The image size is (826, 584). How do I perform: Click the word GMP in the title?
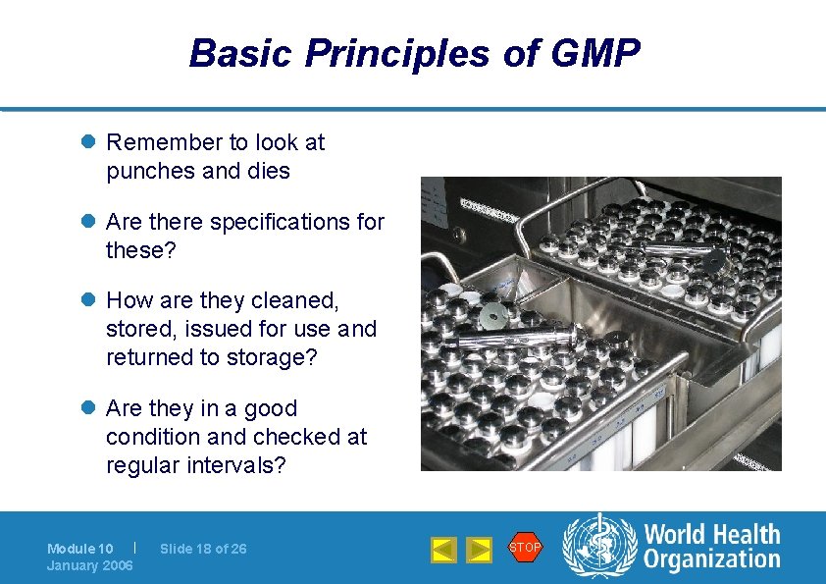click(596, 53)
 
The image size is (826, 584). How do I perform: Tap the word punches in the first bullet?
click(149, 171)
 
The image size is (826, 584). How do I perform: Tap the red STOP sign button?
click(525, 548)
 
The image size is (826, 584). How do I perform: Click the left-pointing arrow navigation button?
click(443, 550)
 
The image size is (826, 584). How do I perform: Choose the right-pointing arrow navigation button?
click(478, 550)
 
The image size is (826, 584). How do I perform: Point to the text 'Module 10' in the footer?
click(80, 549)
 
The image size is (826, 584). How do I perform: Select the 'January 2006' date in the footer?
click(90, 565)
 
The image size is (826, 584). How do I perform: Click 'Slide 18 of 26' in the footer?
click(203, 549)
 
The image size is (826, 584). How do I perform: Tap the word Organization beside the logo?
click(711, 560)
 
